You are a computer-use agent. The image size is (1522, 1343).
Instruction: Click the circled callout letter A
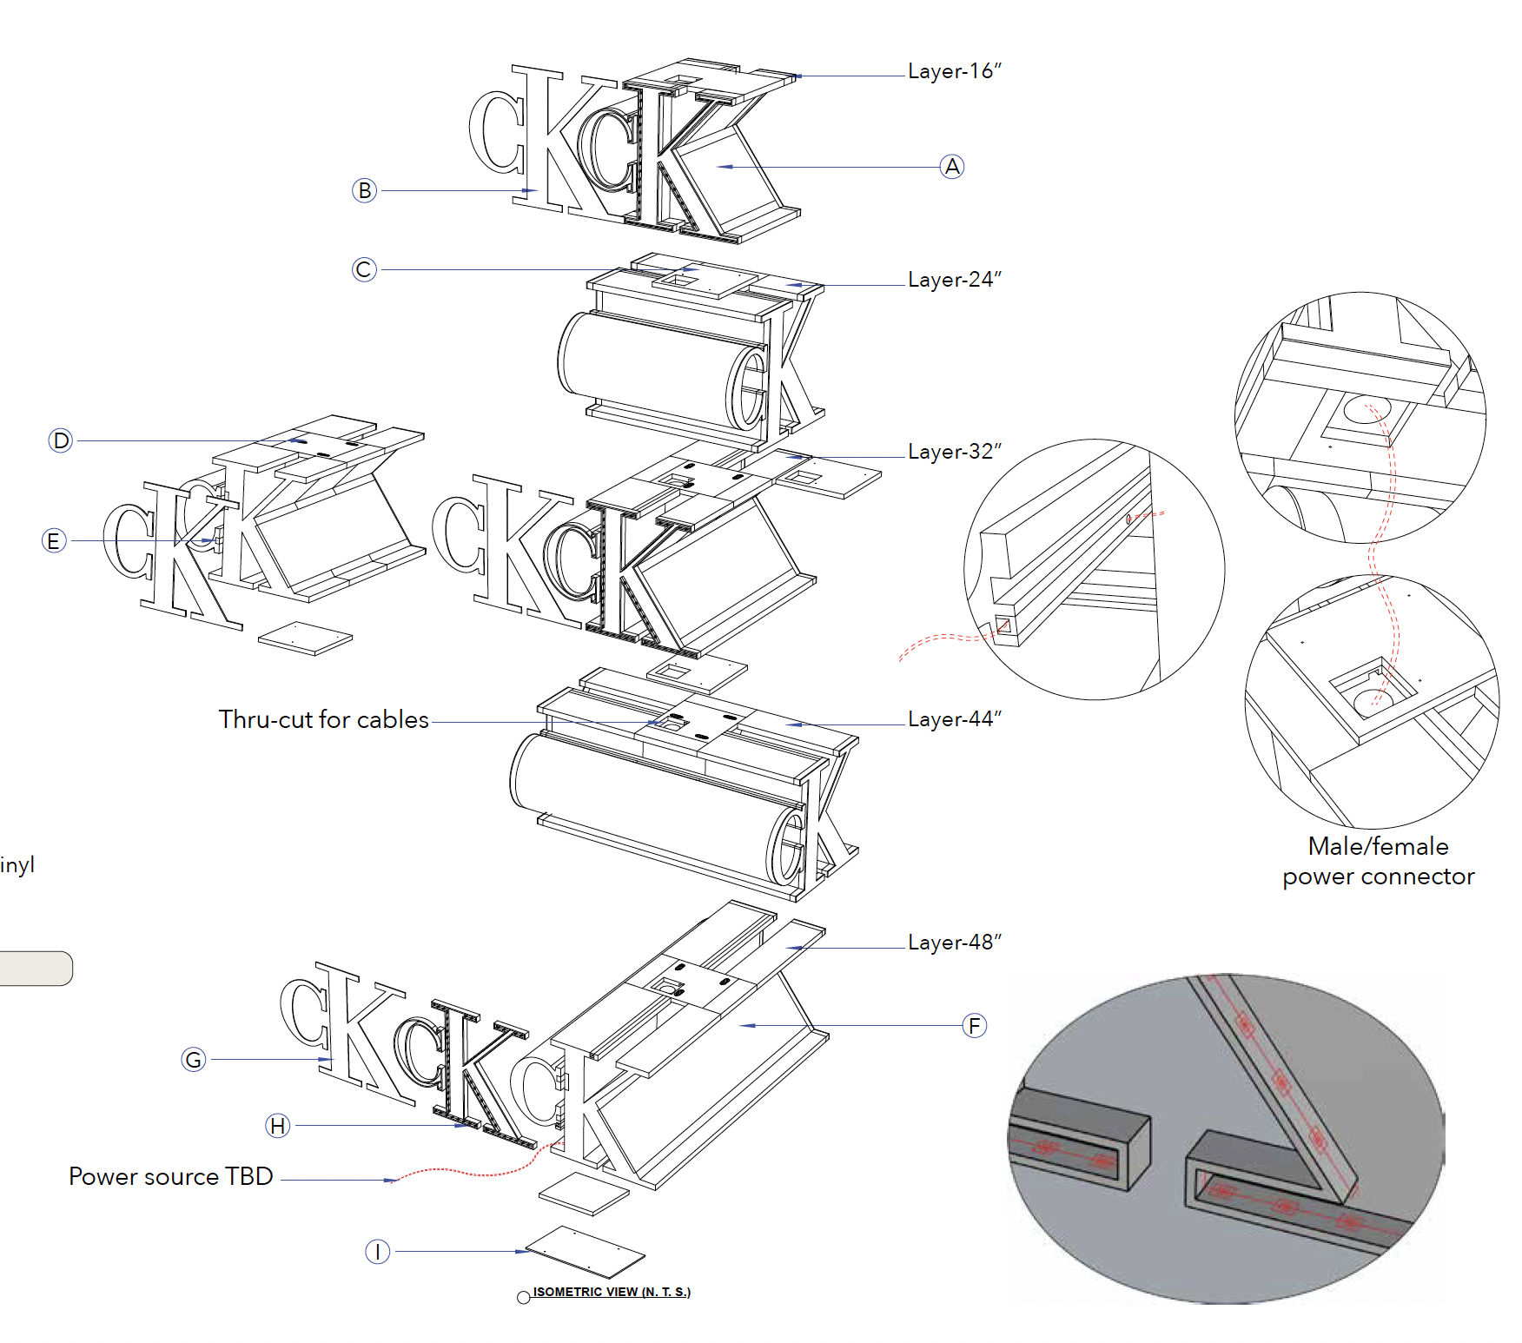tap(952, 167)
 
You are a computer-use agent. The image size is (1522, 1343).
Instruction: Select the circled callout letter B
tap(365, 190)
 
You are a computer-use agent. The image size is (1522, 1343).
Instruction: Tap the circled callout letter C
tap(365, 269)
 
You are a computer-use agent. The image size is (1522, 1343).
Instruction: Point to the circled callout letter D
tap(61, 440)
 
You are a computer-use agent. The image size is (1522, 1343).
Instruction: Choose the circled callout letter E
tap(54, 540)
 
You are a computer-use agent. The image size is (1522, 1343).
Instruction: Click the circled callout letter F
tap(975, 1026)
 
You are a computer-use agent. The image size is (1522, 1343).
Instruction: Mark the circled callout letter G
tap(194, 1059)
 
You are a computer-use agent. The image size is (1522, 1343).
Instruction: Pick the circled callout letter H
tap(277, 1126)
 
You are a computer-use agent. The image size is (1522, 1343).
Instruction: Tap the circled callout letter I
tap(377, 1252)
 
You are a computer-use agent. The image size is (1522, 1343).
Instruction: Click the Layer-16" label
tap(954, 71)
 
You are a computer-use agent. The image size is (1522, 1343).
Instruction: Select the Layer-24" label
tap(954, 280)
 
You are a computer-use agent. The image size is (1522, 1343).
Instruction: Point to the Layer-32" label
tap(954, 452)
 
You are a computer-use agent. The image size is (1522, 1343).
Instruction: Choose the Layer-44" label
tap(954, 719)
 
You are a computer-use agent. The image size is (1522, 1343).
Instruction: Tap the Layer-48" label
tap(954, 943)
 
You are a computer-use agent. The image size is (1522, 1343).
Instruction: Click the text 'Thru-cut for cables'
tap(323, 720)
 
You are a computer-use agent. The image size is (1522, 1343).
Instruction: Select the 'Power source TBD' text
tap(171, 1177)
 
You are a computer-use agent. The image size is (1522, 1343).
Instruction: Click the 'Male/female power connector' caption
tap(1378, 861)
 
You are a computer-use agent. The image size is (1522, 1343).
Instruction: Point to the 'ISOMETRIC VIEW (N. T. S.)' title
tap(612, 1292)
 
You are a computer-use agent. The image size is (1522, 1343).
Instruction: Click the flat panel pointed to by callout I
tap(586, 1250)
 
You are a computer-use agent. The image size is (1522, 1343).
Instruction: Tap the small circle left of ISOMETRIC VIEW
tap(523, 1298)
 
